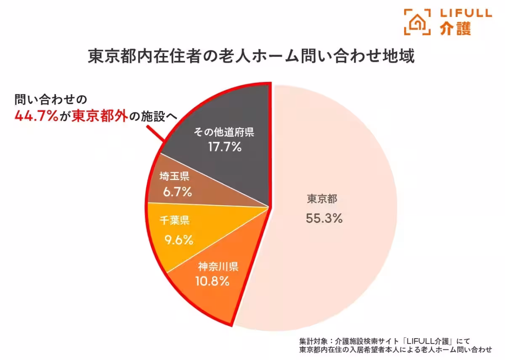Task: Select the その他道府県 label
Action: click(224, 133)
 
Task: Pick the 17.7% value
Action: click(224, 147)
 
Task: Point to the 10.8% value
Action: click(212, 281)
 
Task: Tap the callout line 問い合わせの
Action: click(50, 100)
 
